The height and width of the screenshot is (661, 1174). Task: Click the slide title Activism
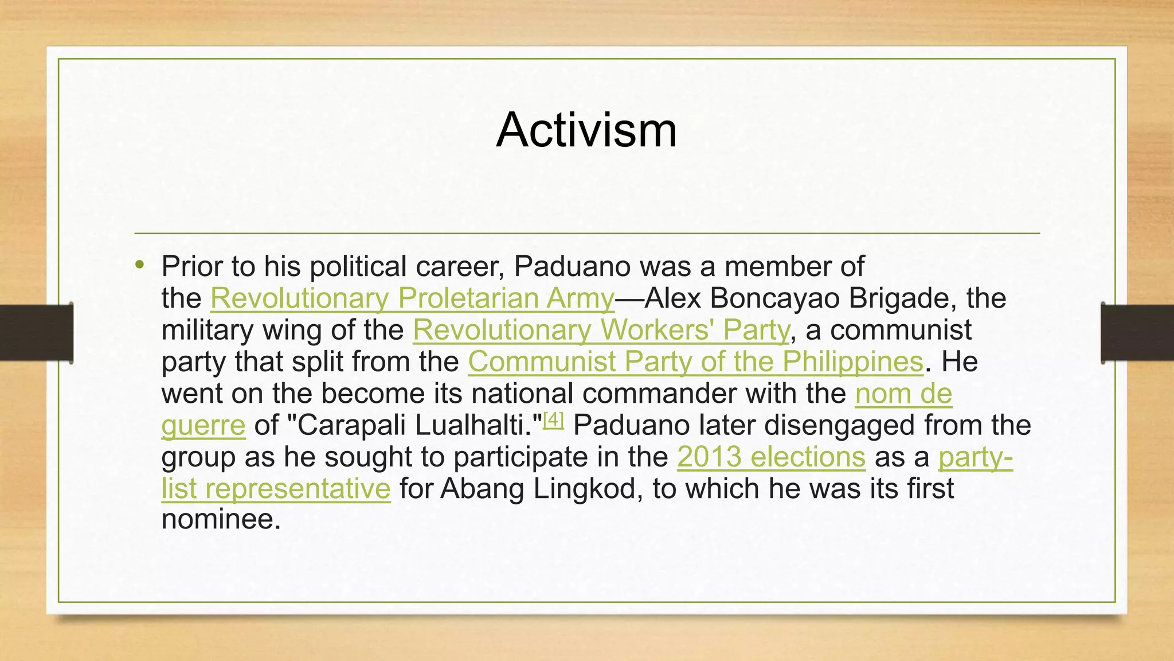point(586,130)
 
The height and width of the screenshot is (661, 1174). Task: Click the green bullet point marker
point(139,265)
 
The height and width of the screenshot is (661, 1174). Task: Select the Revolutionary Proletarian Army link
point(412,298)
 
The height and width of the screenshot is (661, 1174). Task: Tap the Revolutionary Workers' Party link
point(601,330)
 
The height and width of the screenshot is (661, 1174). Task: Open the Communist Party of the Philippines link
point(695,362)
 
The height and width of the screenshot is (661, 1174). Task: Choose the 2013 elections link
point(771,457)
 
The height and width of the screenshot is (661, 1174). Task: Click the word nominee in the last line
point(220,519)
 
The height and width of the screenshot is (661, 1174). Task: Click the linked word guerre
point(203,426)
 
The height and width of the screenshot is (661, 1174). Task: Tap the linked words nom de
point(903,394)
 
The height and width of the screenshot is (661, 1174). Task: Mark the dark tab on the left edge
point(36,333)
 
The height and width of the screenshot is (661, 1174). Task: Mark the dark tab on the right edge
point(1137,333)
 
